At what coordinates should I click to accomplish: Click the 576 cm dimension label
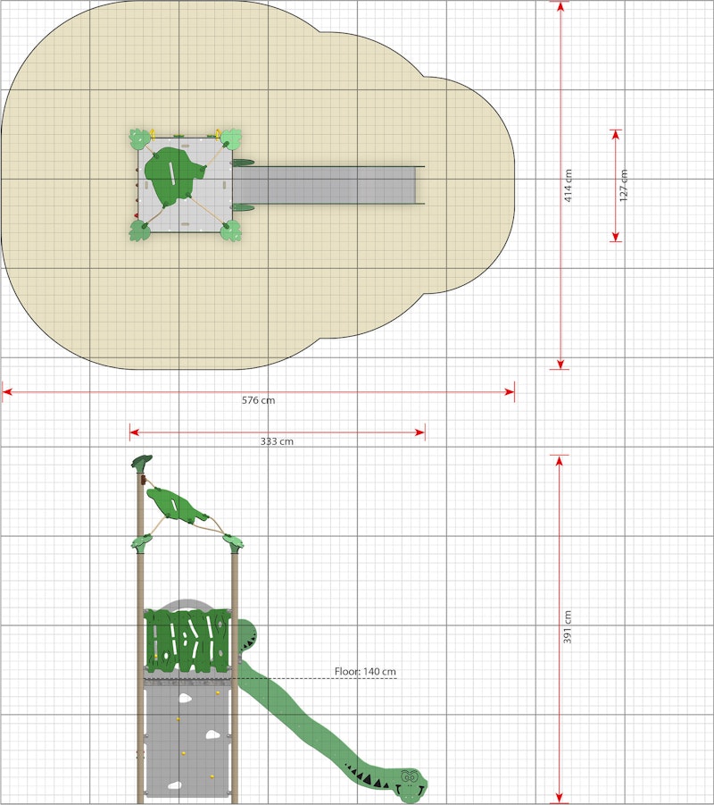(x=258, y=400)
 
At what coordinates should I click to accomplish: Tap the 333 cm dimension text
(x=277, y=441)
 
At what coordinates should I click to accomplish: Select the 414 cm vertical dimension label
(x=569, y=185)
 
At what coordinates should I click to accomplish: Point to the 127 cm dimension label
(x=624, y=185)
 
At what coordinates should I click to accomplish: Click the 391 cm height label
(x=568, y=627)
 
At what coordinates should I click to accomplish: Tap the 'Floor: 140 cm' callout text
(x=365, y=672)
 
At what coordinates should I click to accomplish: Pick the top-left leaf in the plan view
(x=139, y=138)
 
